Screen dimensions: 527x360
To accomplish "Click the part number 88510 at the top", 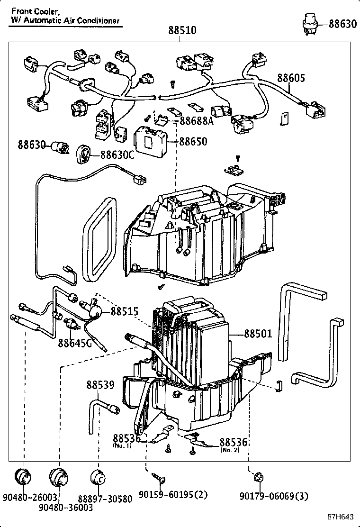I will pos(182,31).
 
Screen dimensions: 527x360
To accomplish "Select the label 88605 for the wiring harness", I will pos(291,78).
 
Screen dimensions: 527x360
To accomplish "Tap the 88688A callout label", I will pos(197,121).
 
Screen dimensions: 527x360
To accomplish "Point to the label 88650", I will pos(193,142).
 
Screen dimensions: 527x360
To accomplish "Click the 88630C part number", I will pos(117,155).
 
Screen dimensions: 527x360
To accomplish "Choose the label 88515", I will pos(125,311).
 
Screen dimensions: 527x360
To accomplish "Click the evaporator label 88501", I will pos(258,334).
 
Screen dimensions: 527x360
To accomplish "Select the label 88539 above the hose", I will pos(100,385).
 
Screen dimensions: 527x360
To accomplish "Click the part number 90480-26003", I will pos(29,497).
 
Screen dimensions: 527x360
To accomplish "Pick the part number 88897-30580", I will pos(106,497).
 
